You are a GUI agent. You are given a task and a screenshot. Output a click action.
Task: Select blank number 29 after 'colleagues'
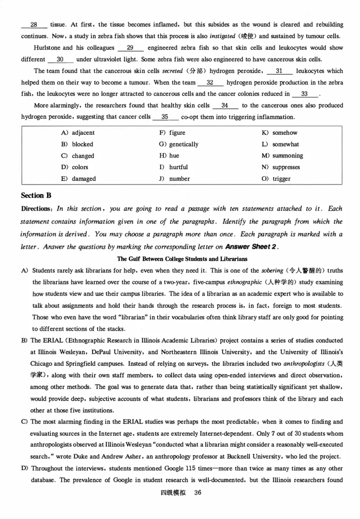[x=130, y=48]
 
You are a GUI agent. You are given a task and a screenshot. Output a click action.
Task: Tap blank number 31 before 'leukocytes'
[x=279, y=71]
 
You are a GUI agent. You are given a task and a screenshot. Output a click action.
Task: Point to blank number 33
[x=305, y=94]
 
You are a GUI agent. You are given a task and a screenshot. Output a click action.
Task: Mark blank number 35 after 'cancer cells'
[x=165, y=117]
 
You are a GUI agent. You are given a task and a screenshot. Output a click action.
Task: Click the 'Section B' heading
[x=36, y=195]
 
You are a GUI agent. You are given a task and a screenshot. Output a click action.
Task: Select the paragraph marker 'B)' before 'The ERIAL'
[x=24, y=340]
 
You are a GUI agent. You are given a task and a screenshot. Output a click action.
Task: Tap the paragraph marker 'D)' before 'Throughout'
[x=24, y=469]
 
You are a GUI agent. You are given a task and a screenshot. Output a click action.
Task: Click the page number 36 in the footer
[x=197, y=492]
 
